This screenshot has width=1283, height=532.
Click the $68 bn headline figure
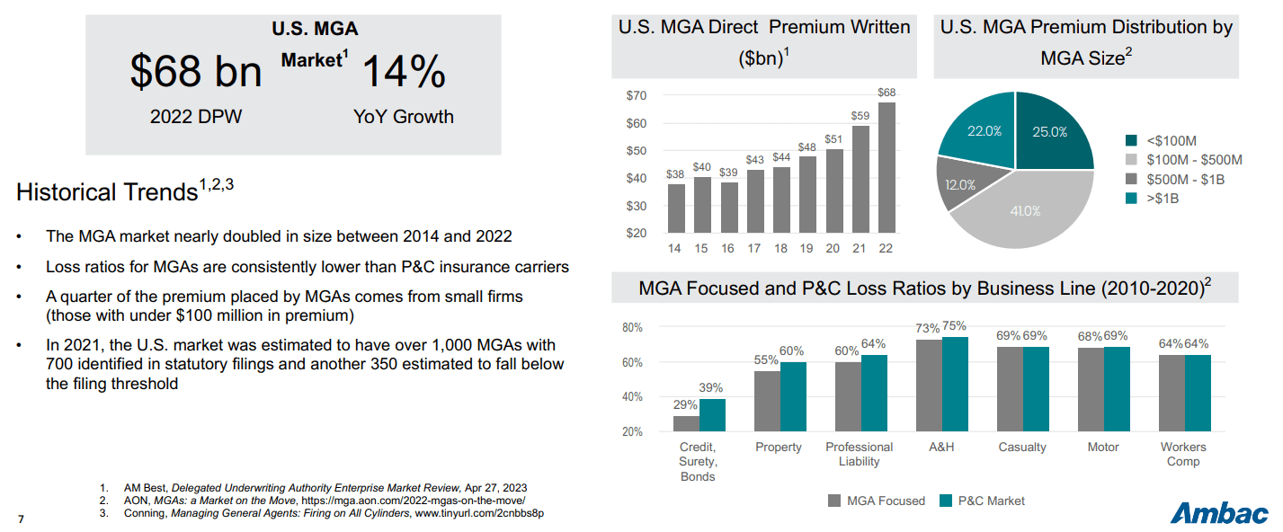click(x=195, y=72)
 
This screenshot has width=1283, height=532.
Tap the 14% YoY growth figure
click(x=403, y=72)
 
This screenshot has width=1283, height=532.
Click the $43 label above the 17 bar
click(x=754, y=159)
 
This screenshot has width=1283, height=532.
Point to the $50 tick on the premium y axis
click(x=637, y=151)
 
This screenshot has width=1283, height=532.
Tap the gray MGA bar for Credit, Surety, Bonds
click(x=686, y=423)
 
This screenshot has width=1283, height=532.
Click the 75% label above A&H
click(x=954, y=326)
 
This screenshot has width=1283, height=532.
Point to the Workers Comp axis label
click(x=1183, y=454)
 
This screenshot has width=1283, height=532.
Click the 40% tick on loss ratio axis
click(x=632, y=397)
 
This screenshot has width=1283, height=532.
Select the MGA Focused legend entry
click(x=876, y=501)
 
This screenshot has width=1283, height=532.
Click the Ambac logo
click(x=1219, y=512)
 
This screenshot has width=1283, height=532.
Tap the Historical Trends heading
click(x=125, y=191)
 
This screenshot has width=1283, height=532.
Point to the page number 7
click(x=22, y=519)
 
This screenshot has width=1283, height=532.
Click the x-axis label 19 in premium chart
click(x=807, y=248)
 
